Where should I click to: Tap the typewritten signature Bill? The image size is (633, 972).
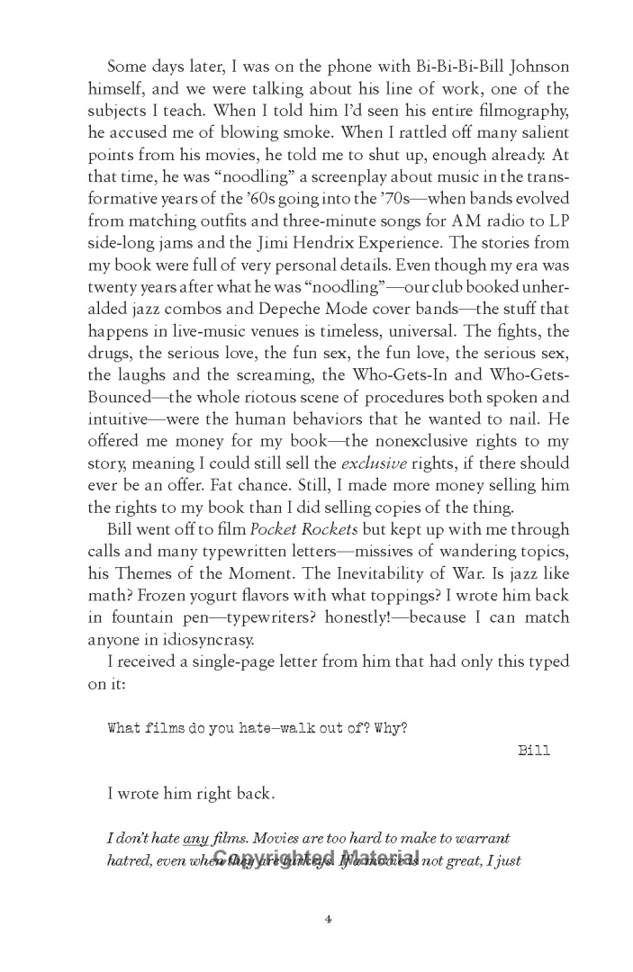pos(535,751)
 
